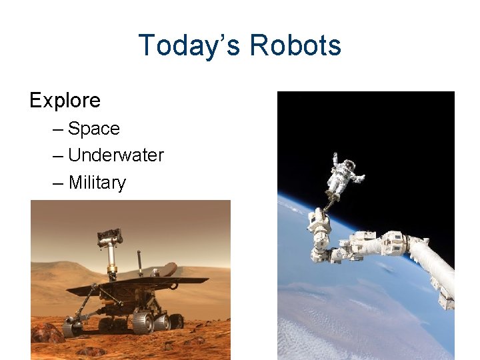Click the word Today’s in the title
click(x=190, y=45)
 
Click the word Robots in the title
click(x=295, y=45)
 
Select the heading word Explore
click(x=65, y=101)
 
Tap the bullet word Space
click(x=94, y=129)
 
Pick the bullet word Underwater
click(x=116, y=155)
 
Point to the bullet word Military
click(x=97, y=183)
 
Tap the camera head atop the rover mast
click(x=109, y=237)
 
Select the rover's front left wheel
click(x=72, y=326)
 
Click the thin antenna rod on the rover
click(x=140, y=263)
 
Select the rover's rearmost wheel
click(x=176, y=321)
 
